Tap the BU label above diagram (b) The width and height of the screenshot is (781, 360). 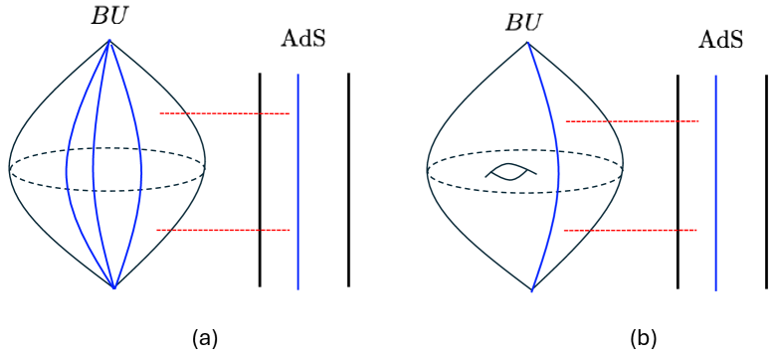tap(523, 21)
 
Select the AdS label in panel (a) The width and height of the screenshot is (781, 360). tap(304, 40)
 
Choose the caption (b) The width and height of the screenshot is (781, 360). tap(643, 337)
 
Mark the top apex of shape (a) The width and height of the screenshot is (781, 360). tap(109, 41)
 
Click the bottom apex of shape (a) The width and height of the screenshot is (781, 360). tap(114, 287)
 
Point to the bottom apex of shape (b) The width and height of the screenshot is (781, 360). tap(531, 290)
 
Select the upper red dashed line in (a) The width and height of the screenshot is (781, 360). tap(224, 113)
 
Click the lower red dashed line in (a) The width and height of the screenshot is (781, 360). tap(223, 230)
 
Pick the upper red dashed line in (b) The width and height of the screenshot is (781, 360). tap(632, 121)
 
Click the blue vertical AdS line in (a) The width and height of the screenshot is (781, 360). tap(297, 179)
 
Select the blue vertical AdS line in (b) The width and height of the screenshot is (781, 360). tap(715, 179)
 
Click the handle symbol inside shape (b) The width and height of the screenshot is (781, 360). tap(511, 171)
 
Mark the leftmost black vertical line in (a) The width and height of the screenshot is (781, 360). tap(260, 179)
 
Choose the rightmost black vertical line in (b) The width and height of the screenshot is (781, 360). tap(766, 179)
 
